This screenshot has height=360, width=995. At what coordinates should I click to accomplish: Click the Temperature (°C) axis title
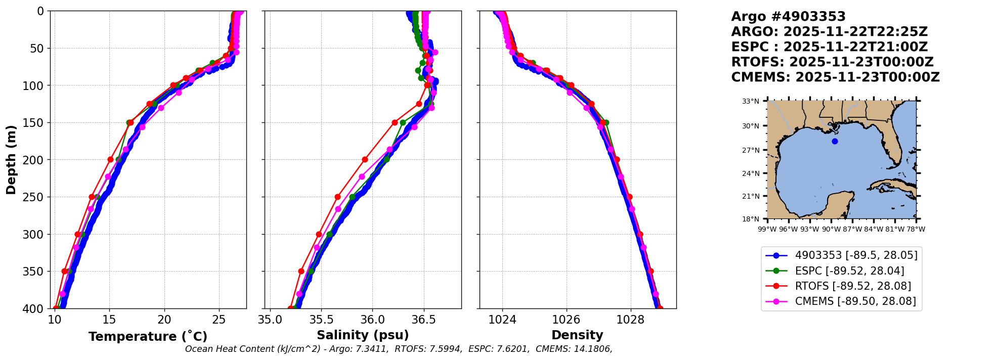pyautogui.click(x=148, y=337)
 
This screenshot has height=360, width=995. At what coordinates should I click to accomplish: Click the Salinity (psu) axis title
pyautogui.click(x=363, y=335)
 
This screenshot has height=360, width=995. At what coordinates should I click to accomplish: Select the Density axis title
pyautogui.click(x=577, y=335)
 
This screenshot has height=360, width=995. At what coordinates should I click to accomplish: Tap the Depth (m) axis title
pyautogui.click(x=11, y=160)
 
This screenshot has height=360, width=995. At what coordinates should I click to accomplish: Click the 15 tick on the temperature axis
pyautogui.click(x=109, y=320)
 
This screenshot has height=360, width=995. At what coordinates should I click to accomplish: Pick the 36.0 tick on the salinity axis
pyautogui.click(x=372, y=320)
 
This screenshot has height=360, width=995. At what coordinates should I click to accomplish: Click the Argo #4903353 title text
pyautogui.click(x=788, y=17)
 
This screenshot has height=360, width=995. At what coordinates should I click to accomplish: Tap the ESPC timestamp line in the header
pyautogui.click(x=830, y=47)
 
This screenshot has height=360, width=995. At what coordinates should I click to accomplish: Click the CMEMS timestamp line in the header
pyautogui.click(x=835, y=77)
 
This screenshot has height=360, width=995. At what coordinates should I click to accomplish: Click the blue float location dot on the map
pyautogui.click(x=835, y=141)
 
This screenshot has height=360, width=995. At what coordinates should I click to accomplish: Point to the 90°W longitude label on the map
pyautogui.click(x=831, y=229)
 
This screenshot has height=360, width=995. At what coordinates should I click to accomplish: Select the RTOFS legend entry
pyautogui.click(x=853, y=286)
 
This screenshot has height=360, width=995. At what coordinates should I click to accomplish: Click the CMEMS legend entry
pyautogui.click(x=855, y=301)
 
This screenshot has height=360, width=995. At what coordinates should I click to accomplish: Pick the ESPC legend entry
pyautogui.click(x=849, y=271)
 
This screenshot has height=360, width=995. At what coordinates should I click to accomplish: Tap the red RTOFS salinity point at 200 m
pyautogui.click(x=365, y=160)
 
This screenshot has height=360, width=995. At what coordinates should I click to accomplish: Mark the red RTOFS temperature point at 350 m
pyautogui.click(x=65, y=272)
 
